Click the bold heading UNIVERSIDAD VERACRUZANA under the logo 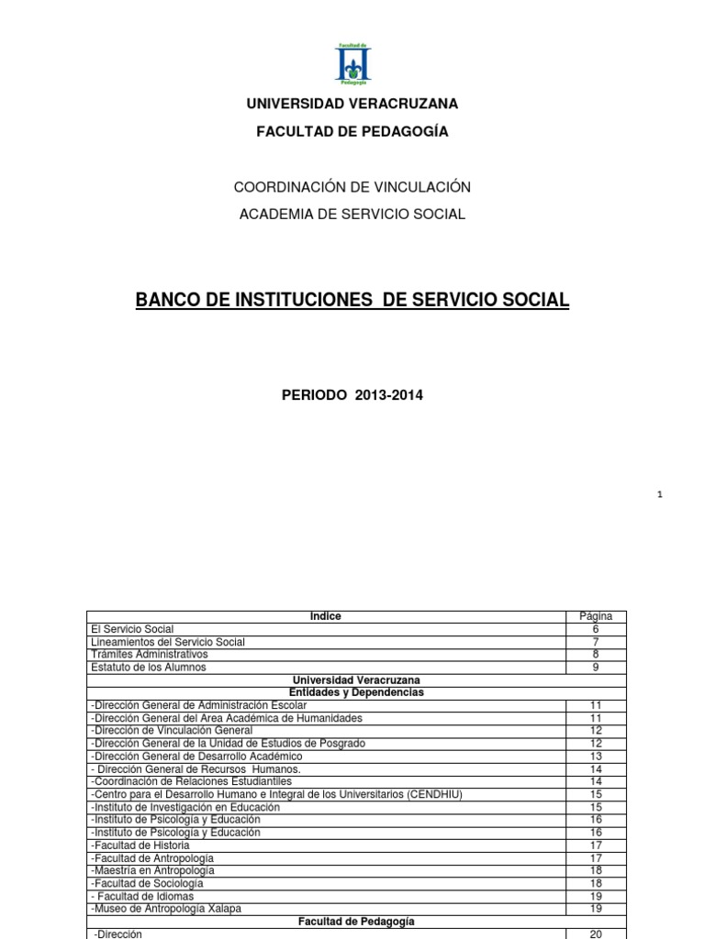(x=352, y=104)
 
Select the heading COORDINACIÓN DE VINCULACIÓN (x=352, y=187)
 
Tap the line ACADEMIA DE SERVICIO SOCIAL (x=352, y=215)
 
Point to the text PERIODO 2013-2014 (x=352, y=396)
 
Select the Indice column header (x=326, y=616)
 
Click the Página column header (x=596, y=616)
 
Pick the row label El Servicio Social (x=132, y=629)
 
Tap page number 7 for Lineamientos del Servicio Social (x=596, y=642)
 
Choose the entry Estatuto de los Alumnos (x=150, y=668)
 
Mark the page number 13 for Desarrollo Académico (x=596, y=756)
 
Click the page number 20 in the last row (x=596, y=933)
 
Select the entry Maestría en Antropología (x=153, y=870)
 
